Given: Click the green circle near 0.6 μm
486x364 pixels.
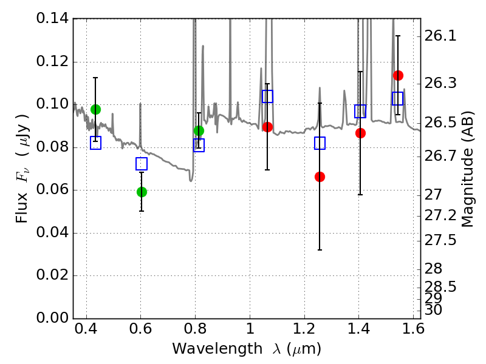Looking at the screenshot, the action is (x=142, y=192).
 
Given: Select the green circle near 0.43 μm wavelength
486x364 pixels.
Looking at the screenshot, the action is (x=95, y=109).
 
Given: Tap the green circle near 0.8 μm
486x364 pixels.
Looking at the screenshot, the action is (x=199, y=130).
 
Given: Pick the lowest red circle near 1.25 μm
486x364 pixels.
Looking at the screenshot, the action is (x=320, y=177).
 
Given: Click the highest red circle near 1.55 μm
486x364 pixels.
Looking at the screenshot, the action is (x=398, y=75).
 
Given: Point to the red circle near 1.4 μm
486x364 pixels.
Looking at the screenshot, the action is (x=360, y=133).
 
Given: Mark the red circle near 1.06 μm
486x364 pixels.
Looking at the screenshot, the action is (x=267, y=127).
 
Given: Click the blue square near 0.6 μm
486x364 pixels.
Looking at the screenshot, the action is (x=142, y=163).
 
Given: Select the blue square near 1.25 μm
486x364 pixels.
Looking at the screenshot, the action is (x=320, y=143).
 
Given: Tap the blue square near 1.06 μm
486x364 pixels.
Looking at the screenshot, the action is (x=267, y=96).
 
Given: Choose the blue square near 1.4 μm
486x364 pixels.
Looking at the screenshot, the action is (x=360, y=111).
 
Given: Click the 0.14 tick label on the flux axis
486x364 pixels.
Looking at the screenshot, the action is (x=52, y=19).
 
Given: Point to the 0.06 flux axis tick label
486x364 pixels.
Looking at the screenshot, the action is (x=52, y=190).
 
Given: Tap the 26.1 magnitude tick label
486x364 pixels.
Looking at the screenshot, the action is (x=440, y=36).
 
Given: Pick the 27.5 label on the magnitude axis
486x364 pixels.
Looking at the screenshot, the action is (x=440, y=240).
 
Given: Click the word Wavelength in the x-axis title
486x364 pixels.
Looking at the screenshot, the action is (x=217, y=349).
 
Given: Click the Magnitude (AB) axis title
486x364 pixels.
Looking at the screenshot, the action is (x=468, y=169).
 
